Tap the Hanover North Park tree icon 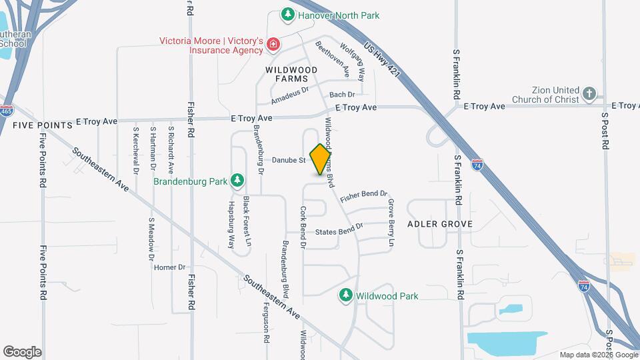[287, 14]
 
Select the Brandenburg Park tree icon [237, 180]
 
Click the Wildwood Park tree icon [345, 295]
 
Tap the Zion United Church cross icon [589, 94]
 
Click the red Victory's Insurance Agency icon [273, 45]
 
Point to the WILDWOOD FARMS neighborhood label [291, 74]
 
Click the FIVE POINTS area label [42, 125]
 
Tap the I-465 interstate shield [7, 110]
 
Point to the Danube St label [288, 160]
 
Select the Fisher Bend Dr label [363, 197]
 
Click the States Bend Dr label [339, 230]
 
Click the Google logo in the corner [22, 351]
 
